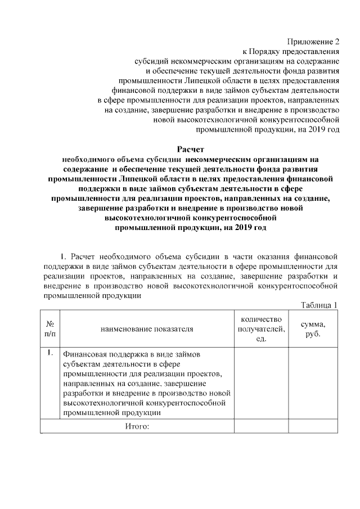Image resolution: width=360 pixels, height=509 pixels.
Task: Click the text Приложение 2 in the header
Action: point(314,42)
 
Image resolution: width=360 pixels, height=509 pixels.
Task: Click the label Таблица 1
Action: point(319,305)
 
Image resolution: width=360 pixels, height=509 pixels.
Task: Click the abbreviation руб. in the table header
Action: point(313,334)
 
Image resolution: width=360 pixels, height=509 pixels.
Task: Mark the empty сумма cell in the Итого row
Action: point(313,427)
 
